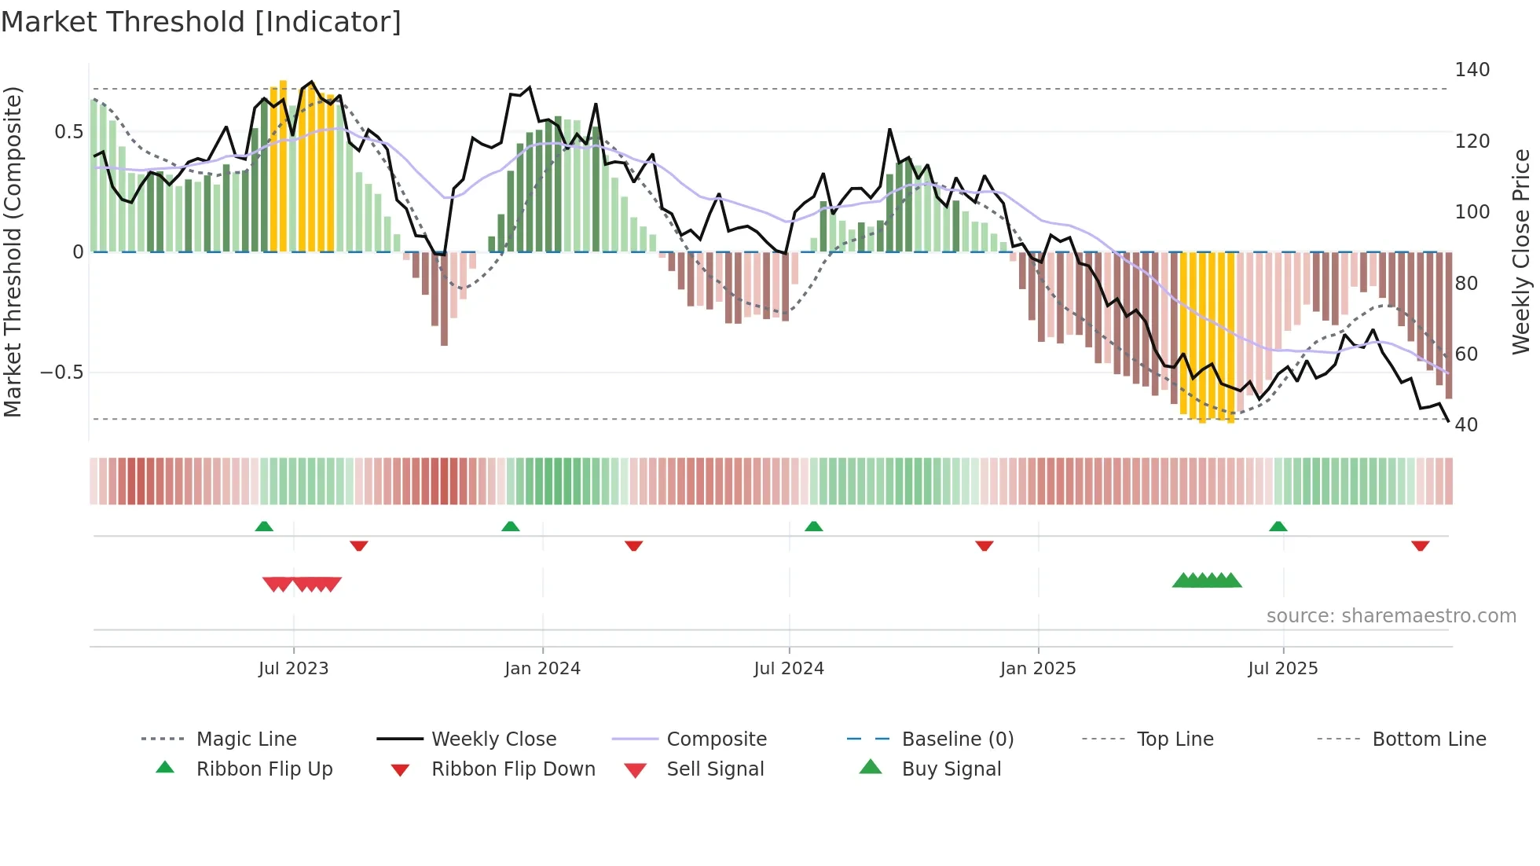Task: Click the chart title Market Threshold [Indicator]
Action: coord(201,22)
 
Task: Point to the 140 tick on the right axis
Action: coord(1472,70)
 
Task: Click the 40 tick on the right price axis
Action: coord(1466,425)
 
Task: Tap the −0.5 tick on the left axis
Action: coord(62,372)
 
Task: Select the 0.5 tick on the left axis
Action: coord(68,131)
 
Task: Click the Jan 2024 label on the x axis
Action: coord(542,669)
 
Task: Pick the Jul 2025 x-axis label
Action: coord(1282,669)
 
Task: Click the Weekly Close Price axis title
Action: coord(1521,251)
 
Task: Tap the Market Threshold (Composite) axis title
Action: coord(13,251)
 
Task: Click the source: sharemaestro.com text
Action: coord(1391,616)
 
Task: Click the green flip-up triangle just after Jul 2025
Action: coord(1278,527)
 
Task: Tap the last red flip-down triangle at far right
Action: coord(1420,545)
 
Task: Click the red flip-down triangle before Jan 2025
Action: coord(984,545)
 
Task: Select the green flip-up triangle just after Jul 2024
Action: coord(813,527)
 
